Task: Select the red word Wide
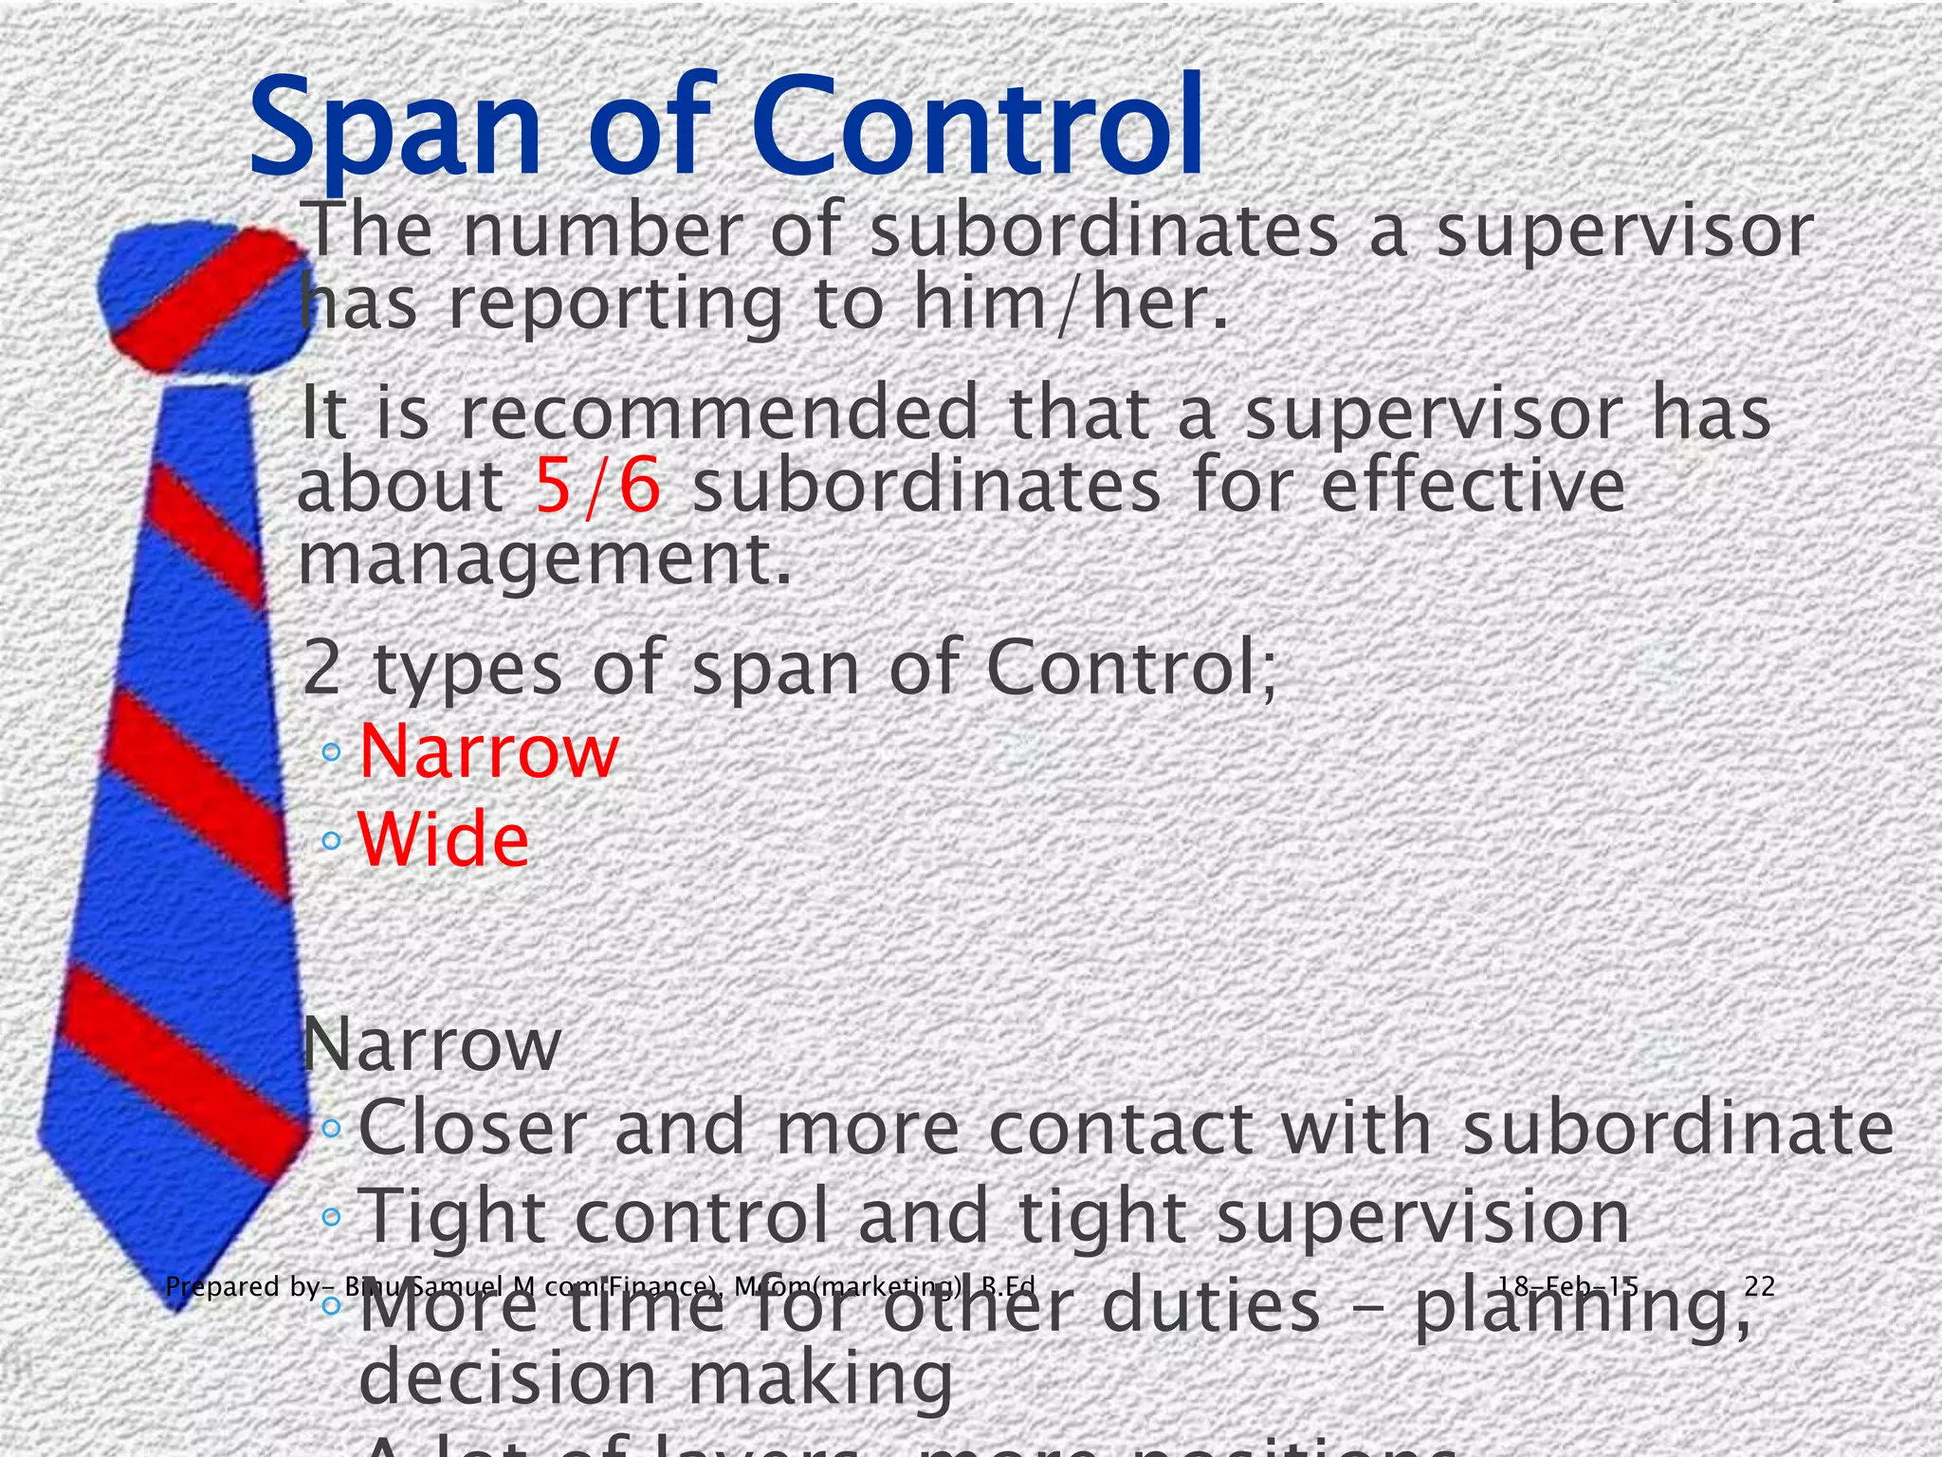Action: [443, 839]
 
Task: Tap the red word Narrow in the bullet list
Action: [488, 751]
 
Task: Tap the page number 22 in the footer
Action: [1759, 1286]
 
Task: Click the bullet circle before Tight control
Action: [330, 1216]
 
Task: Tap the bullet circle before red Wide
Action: [330, 839]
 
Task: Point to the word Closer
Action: [471, 1129]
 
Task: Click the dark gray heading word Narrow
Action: [431, 1044]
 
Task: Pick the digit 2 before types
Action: [321, 668]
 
